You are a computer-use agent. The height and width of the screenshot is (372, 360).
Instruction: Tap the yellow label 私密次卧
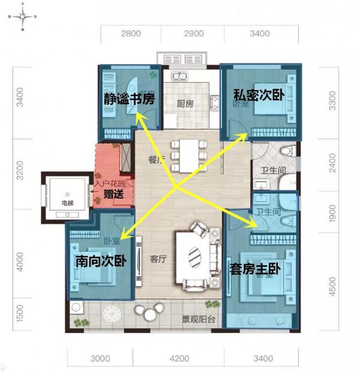click(x=259, y=94)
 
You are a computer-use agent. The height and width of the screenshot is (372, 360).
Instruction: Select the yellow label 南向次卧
click(x=100, y=262)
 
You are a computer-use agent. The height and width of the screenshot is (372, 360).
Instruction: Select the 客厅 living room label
click(x=158, y=259)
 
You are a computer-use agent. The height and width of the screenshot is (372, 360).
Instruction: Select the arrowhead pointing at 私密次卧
click(x=245, y=136)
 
